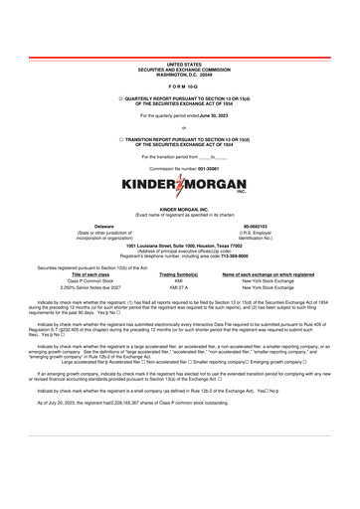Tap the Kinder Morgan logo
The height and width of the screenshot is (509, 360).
coord(179,186)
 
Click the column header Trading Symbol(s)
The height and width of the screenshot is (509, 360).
coord(179,274)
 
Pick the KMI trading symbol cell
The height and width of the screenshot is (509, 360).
coord(179,280)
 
